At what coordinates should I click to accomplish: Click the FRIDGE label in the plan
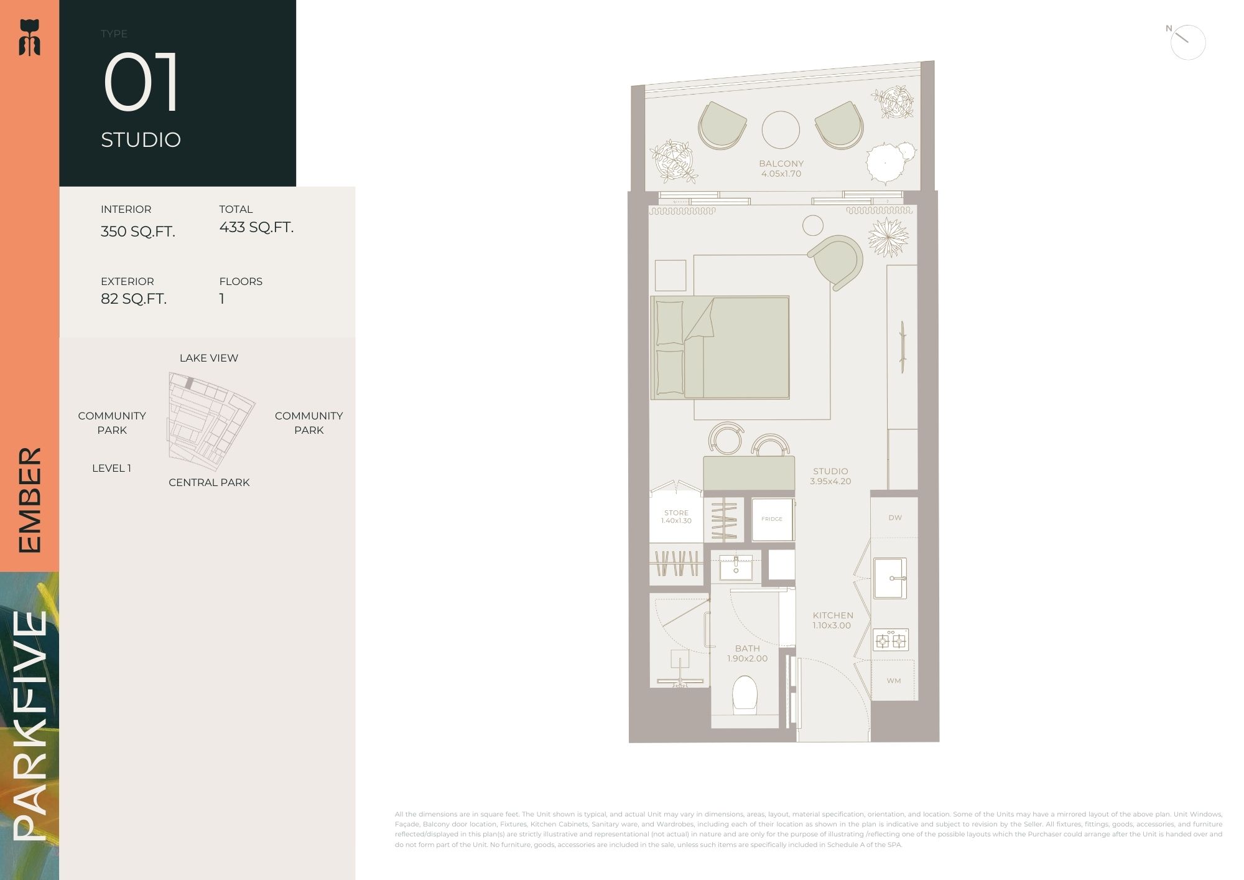click(772, 518)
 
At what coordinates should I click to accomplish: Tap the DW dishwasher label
click(895, 517)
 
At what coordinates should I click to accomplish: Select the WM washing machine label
click(894, 680)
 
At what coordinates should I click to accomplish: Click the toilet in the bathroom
click(745, 693)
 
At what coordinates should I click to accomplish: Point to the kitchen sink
click(889, 578)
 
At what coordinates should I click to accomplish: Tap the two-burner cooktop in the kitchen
click(891, 640)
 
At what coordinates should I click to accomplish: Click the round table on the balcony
click(781, 130)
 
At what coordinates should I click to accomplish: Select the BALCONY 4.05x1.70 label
click(781, 169)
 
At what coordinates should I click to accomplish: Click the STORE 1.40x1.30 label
click(676, 517)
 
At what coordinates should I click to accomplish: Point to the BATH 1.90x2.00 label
click(747, 653)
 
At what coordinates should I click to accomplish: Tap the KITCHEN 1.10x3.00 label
click(833, 620)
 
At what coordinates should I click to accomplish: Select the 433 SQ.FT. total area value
click(256, 227)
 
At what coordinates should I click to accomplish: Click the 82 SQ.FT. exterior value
click(134, 299)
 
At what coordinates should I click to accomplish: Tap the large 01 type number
click(142, 83)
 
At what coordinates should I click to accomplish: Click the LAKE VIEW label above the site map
click(209, 358)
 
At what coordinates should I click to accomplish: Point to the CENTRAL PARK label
click(209, 482)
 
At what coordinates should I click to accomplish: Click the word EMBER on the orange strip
click(29, 500)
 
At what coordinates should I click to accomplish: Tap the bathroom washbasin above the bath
click(736, 567)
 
